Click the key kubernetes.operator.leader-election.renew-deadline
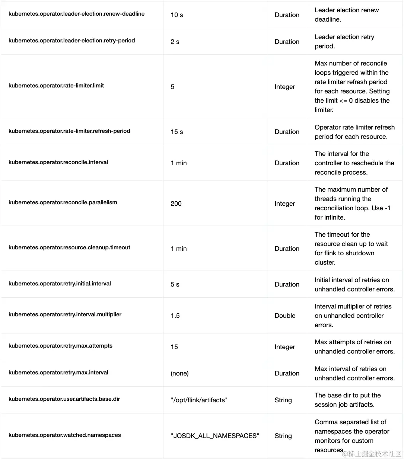(x=76, y=14)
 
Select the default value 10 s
(x=177, y=15)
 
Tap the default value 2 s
(x=175, y=42)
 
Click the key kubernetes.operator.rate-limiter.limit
(x=56, y=86)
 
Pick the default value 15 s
(x=177, y=132)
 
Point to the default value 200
(x=176, y=204)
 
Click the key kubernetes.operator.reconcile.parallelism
(x=63, y=202)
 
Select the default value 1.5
(x=175, y=316)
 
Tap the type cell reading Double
(x=285, y=316)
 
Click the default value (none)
(x=179, y=373)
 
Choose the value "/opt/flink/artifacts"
(x=199, y=400)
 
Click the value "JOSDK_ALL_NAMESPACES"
(x=215, y=436)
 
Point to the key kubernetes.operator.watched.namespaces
(x=65, y=435)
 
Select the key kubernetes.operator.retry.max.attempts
(x=60, y=346)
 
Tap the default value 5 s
(x=175, y=284)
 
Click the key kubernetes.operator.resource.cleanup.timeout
(x=69, y=247)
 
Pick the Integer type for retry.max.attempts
(x=285, y=347)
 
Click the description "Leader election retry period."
(x=344, y=41)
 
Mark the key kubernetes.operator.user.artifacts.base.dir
(x=64, y=399)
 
